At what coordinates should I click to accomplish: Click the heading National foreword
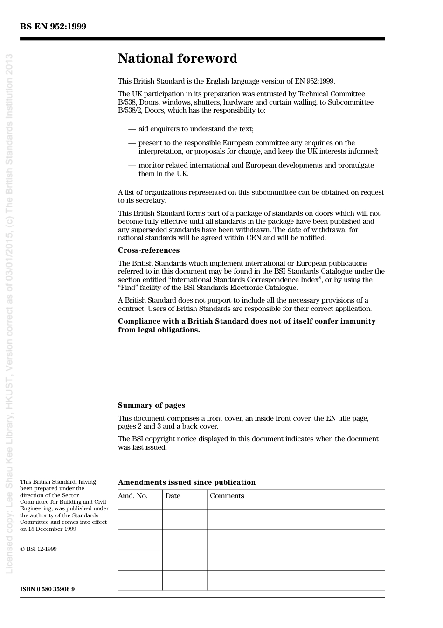click(x=177, y=58)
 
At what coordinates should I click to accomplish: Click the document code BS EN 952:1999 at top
click(x=53, y=27)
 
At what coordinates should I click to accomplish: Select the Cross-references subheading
click(x=148, y=250)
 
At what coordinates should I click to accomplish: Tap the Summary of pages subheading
click(x=151, y=405)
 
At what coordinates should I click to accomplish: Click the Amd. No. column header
click(x=132, y=496)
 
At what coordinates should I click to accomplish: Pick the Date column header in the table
click(x=173, y=496)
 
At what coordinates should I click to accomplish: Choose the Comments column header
click(x=227, y=496)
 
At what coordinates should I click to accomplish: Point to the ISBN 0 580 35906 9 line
click(x=47, y=589)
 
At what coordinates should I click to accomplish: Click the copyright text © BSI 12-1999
click(x=38, y=549)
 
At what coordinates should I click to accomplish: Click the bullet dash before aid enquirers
click(x=132, y=129)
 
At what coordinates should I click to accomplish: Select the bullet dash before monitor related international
click(x=132, y=165)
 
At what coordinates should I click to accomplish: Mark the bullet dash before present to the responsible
click(x=132, y=143)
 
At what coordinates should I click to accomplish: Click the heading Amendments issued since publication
click(x=187, y=482)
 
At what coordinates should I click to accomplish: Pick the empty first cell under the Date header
click(x=185, y=520)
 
